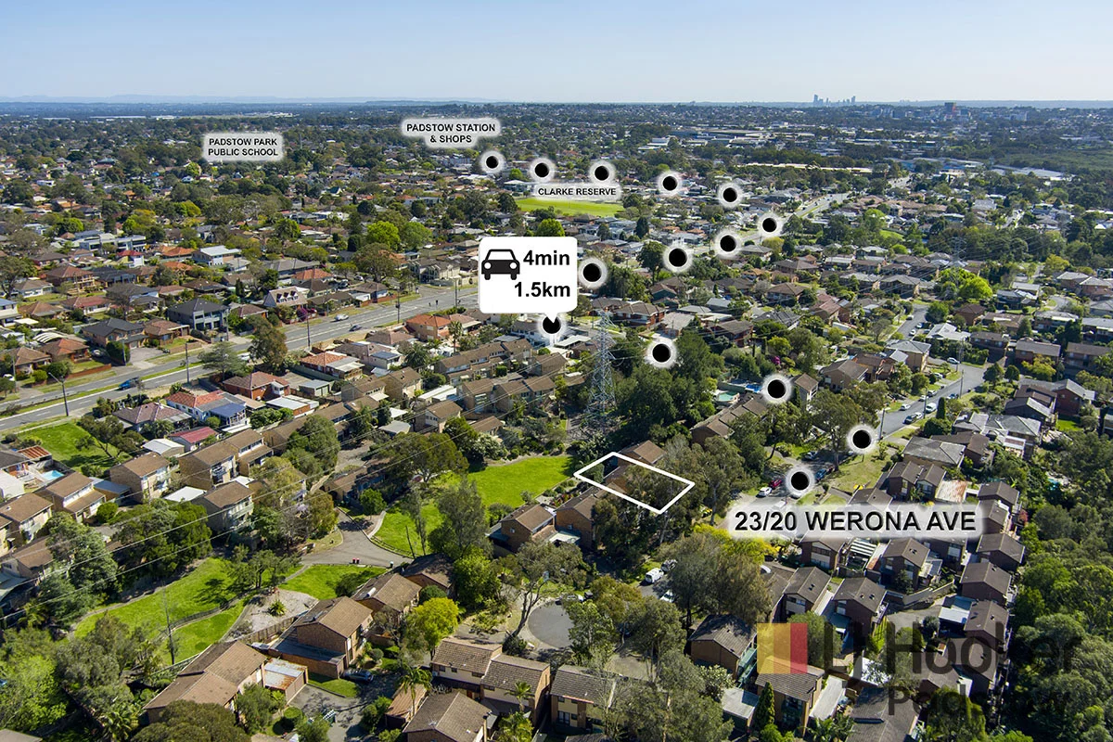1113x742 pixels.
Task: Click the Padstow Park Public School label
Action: pyautogui.click(x=243, y=147)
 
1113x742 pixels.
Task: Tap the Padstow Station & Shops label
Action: pyautogui.click(x=450, y=132)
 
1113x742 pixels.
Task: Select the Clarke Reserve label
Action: pyautogui.click(x=576, y=190)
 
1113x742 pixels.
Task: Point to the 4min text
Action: pyautogui.click(x=548, y=257)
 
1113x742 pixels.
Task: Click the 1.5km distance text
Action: pyautogui.click(x=543, y=288)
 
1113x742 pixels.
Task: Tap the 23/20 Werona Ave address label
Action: pyautogui.click(x=855, y=521)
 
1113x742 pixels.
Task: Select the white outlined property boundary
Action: pyautogui.click(x=633, y=481)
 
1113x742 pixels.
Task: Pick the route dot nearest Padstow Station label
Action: pyautogui.click(x=493, y=162)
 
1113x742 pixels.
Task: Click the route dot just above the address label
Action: pyautogui.click(x=799, y=480)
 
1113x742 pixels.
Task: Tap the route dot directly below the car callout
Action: pyautogui.click(x=552, y=325)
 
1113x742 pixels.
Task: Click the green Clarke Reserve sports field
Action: pyautogui.click(x=568, y=206)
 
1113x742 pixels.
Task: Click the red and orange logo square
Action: pyautogui.click(x=782, y=647)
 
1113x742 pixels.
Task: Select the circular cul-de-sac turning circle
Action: pyautogui.click(x=553, y=625)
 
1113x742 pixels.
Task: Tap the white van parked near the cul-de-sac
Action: pyautogui.click(x=654, y=575)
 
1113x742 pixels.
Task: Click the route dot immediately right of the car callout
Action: pyautogui.click(x=592, y=273)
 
